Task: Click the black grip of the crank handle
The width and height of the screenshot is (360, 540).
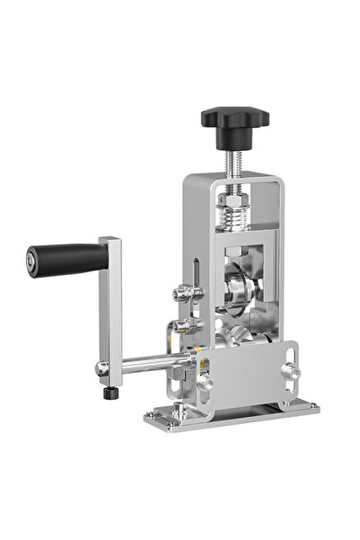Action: [68, 260]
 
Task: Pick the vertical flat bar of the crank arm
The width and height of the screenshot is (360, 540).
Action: [110, 305]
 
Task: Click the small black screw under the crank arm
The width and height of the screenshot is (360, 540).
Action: [110, 393]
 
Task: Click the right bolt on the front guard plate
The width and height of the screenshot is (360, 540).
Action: [289, 368]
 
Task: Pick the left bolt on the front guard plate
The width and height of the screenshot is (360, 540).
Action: [206, 381]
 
